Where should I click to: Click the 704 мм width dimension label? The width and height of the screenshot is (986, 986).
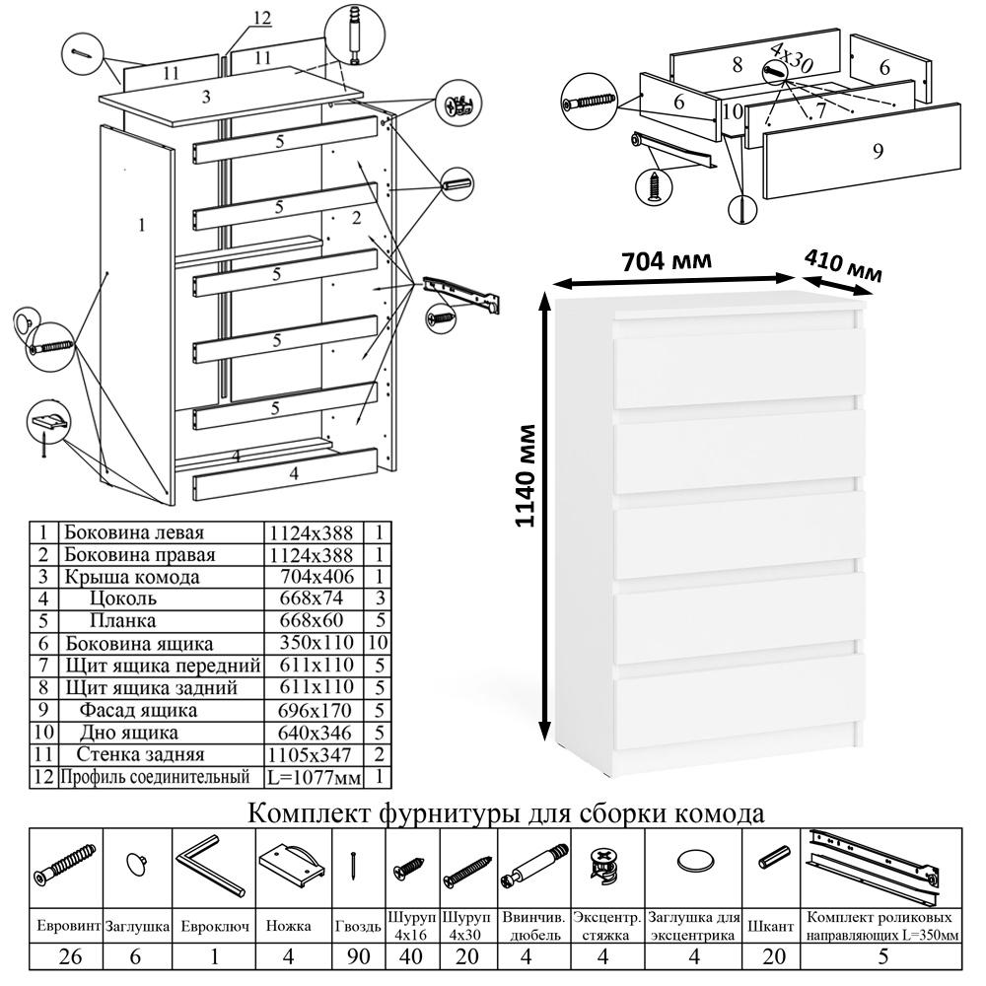click(667, 262)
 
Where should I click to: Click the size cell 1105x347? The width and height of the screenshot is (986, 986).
click(311, 754)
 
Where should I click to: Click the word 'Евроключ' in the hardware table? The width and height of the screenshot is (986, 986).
click(214, 926)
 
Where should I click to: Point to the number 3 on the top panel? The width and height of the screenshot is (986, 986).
click(206, 97)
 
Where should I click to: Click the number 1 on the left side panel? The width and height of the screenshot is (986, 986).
click(142, 225)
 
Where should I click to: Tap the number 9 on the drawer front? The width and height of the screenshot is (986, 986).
click(878, 150)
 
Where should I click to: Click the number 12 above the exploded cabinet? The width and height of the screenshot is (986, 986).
click(261, 18)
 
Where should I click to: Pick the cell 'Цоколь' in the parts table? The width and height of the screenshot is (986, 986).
click(123, 599)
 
